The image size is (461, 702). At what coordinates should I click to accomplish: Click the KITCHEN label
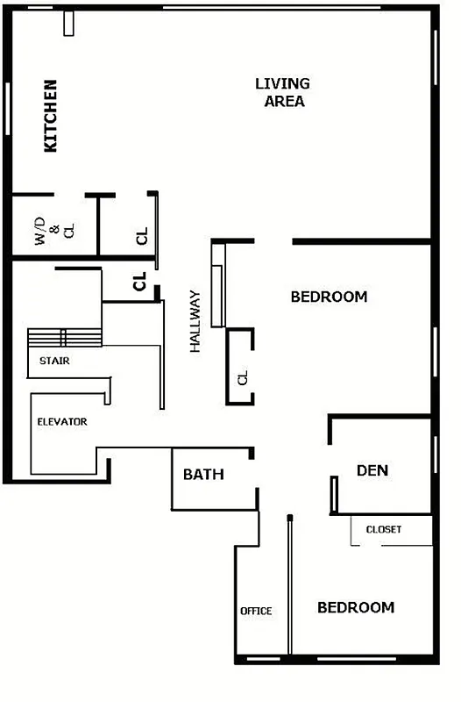tap(51, 117)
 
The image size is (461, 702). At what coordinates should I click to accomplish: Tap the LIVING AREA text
tap(282, 92)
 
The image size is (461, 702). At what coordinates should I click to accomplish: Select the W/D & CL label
tap(55, 231)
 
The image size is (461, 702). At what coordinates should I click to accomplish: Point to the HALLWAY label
tap(195, 322)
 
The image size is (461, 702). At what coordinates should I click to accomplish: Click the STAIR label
tap(55, 361)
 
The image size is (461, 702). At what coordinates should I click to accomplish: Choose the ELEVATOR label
tap(62, 422)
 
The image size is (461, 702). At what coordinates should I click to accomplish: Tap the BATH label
tap(203, 475)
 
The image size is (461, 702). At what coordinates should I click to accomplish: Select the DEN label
tap(372, 470)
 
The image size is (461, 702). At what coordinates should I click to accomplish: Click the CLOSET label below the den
tap(384, 529)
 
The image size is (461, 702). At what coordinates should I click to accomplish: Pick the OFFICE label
tap(257, 611)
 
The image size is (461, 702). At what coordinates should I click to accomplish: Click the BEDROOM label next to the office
tap(356, 607)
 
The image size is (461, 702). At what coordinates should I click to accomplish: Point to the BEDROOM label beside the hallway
tap(329, 297)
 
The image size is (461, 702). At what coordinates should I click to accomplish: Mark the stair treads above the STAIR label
tap(65, 338)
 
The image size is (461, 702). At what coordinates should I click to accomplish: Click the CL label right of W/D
tap(142, 236)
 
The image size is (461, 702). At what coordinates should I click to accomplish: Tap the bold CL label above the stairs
tap(138, 282)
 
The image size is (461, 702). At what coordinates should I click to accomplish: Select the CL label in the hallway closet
tap(243, 378)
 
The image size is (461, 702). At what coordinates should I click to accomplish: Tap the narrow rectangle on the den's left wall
tap(334, 495)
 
